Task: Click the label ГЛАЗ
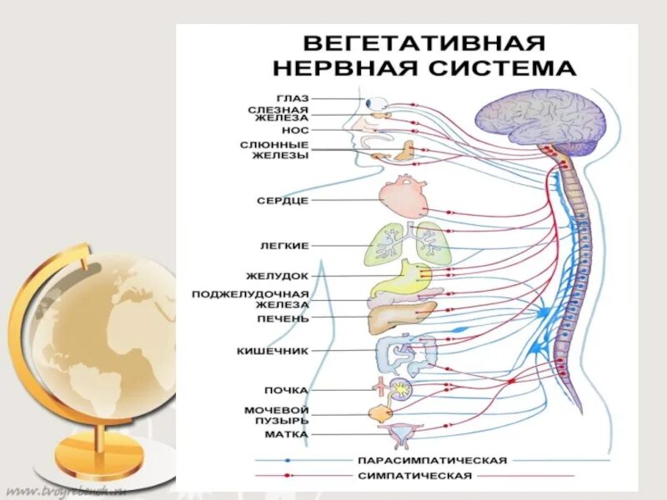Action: click(293, 98)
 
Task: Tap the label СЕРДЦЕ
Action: click(284, 201)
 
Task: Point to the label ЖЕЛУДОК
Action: click(278, 276)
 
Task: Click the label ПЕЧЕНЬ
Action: click(283, 318)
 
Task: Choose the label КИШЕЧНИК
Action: click(273, 352)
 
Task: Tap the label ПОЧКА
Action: click(288, 390)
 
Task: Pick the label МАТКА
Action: click(287, 434)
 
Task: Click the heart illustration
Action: click(404, 197)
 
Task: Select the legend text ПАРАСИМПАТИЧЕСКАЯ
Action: click(432, 460)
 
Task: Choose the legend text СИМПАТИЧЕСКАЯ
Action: click(414, 476)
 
